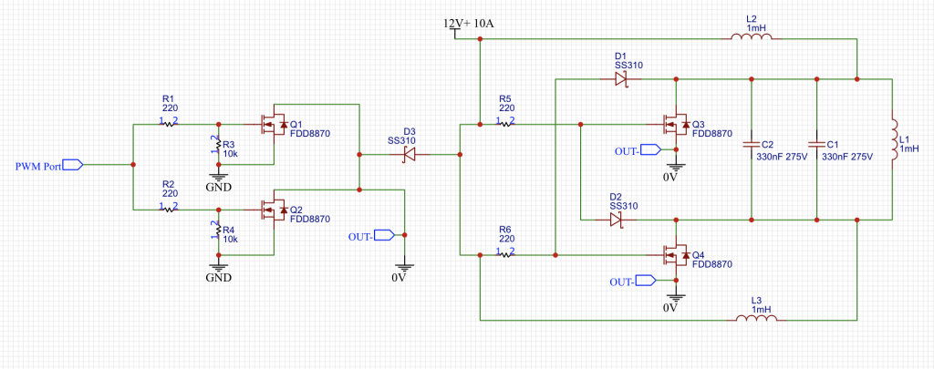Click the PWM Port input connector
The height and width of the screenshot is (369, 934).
point(72,164)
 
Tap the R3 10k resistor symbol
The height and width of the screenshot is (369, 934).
point(219,145)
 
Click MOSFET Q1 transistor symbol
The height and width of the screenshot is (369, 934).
point(273,125)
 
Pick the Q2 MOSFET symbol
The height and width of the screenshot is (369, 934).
point(273,210)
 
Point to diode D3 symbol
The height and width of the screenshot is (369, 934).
point(410,154)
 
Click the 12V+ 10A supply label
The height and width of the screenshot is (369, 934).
point(469,24)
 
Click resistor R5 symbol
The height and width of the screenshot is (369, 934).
point(506,125)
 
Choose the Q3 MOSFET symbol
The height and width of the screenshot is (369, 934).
point(676,125)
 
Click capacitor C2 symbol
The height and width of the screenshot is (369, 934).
point(752,144)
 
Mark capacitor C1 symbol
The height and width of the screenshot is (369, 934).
point(816,144)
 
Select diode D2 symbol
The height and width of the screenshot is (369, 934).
point(617,220)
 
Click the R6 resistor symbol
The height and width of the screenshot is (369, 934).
point(506,255)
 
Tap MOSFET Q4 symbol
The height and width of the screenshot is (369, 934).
point(676,255)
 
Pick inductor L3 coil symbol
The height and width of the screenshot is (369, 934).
point(756,320)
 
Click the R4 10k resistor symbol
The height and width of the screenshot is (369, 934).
point(219,230)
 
